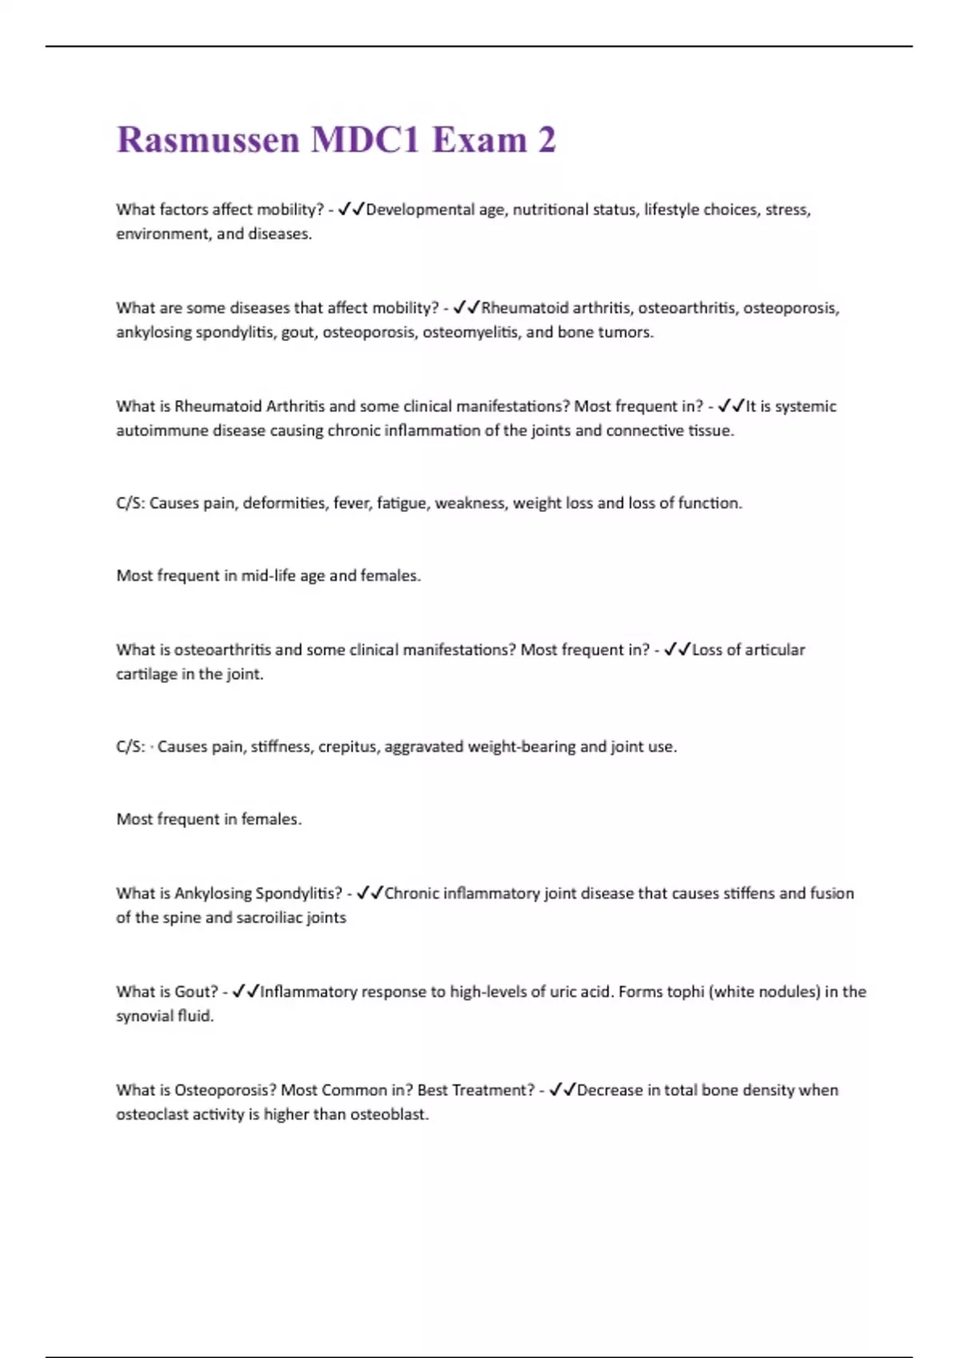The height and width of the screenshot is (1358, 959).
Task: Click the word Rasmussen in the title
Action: point(208,141)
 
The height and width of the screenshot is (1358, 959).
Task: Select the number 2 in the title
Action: point(547,141)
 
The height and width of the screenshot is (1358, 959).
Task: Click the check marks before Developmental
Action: point(351,209)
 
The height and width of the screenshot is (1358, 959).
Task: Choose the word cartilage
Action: point(146,674)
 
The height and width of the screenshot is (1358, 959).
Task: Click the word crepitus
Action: point(348,747)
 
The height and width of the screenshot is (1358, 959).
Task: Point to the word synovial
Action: point(143,1016)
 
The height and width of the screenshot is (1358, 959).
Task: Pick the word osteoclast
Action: point(146,1114)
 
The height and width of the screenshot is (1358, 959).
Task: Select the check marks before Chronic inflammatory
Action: point(370,893)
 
